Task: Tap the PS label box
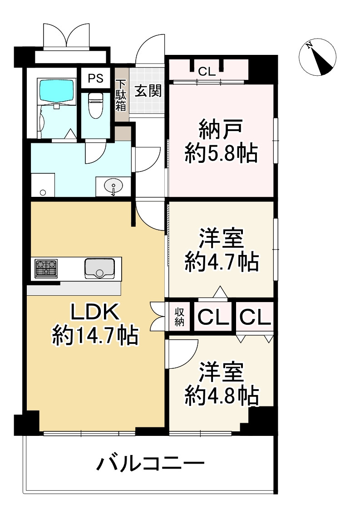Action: [x=95, y=78]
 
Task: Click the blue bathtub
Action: [x=56, y=91]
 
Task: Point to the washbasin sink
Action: [x=113, y=186]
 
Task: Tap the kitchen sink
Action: [x=99, y=268]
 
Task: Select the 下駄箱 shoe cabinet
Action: [x=121, y=96]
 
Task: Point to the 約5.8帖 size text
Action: [x=221, y=155]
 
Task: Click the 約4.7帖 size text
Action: [x=222, y=262]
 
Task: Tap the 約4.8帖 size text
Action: [x=222, y=396]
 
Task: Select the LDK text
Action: [x=95, y=313]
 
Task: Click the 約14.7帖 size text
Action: [x=95, y=336]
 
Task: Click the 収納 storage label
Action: [x=180, y=318]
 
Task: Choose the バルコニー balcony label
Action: [x=150, y=464]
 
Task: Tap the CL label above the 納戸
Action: [x=207, y=71]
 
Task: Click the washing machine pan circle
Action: [x=43, y=192]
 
